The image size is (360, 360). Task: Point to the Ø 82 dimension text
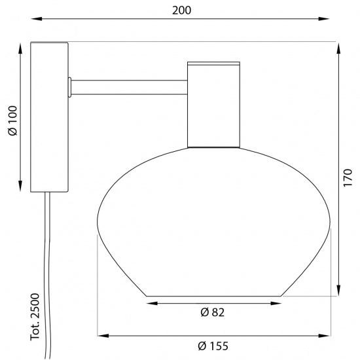[x=213, y=313]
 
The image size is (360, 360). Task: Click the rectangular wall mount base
[x=50, y=118]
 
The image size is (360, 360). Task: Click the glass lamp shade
[x=214, y=223]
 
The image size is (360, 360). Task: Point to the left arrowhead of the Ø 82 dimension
[x=151, y=303]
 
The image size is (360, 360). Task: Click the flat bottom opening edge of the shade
[x=214, y=296]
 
